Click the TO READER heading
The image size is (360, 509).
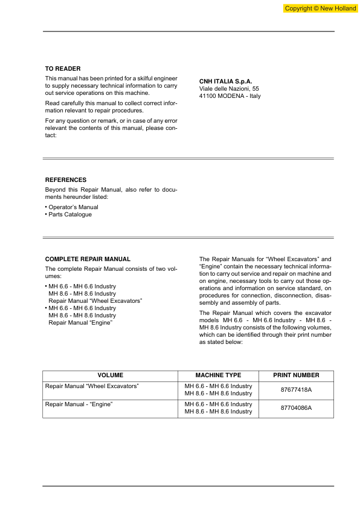tap(63, 69)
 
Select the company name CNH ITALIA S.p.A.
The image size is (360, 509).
tap(225, 81)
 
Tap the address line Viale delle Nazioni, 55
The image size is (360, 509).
tap(230, 89)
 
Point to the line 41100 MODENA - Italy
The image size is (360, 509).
tap(230, 96)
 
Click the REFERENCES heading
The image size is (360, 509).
tap(66, 180)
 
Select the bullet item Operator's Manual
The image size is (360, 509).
tap(73, 207)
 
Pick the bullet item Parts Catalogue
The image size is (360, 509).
tap(70, 215)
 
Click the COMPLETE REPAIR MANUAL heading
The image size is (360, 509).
tap(88, 259)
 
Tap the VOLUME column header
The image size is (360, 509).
tap(110, 375)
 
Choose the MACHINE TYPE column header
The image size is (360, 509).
tap(218, 375)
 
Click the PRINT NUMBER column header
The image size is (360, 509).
tap(296, 375)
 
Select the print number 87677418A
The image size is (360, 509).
tap(296, 389)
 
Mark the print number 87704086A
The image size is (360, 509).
tap(296, 408)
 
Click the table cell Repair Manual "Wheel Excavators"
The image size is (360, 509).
tap(92, 386)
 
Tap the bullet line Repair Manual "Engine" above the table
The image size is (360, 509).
tap(80, 323)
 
